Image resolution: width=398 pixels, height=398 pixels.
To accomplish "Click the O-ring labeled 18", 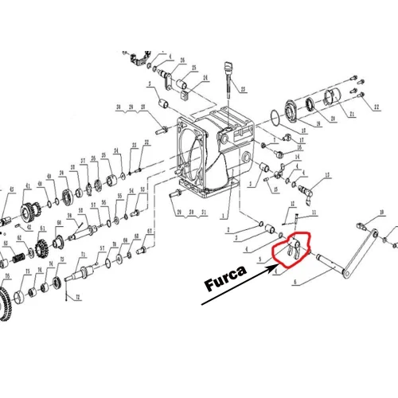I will (274, 122).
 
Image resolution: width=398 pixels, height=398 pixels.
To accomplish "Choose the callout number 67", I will (149, 232).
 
